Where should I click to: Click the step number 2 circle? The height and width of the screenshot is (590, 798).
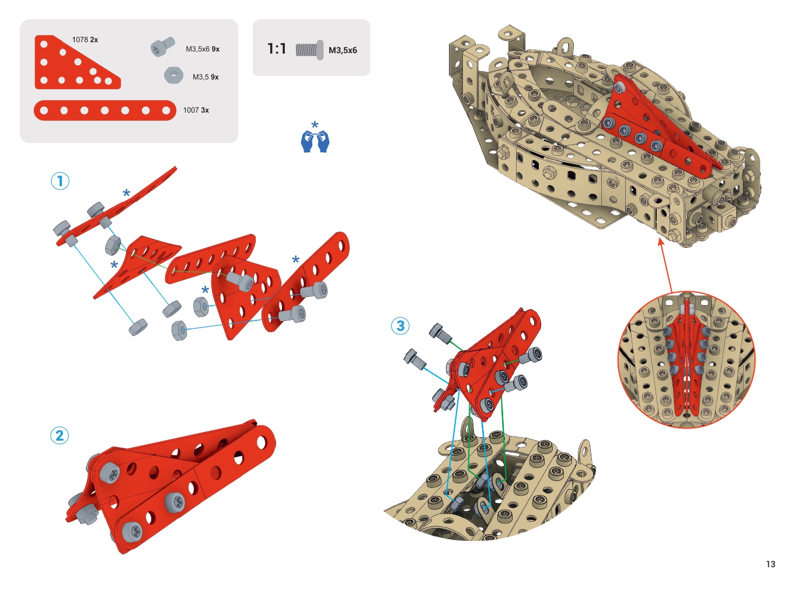tap(60, 435)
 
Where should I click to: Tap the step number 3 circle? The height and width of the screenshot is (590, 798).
tap(400, 326)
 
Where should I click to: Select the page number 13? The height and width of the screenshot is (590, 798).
tap(771, 564)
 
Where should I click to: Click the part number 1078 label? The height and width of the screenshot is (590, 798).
tap(80, 40)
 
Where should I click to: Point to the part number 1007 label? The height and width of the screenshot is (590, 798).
tap(191, 110)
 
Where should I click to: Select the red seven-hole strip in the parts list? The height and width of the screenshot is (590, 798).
tap(104, 110)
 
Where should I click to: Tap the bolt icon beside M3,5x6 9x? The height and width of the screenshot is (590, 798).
tap(163, 47)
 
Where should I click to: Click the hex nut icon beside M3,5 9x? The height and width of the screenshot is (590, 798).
tap(173, 75)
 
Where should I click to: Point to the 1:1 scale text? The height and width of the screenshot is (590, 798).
tap(276, 48)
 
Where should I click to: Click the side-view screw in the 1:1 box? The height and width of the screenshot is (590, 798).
tap(309, 50)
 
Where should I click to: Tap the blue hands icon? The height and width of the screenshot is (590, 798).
tap(315, 141)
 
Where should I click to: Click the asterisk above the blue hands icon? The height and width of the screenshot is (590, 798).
tap(315, 125)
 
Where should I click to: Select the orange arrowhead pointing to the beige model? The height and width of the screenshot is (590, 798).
tap(661, 242)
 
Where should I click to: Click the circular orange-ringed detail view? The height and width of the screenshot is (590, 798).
tap(687, 359)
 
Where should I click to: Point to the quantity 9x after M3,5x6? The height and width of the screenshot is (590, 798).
tap(215, 49)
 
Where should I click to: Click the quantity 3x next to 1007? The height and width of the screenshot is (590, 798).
tap(205, 110)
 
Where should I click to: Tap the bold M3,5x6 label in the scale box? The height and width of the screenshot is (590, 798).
tap(343, 50)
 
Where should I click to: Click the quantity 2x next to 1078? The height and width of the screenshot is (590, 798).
tap(94, 40)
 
